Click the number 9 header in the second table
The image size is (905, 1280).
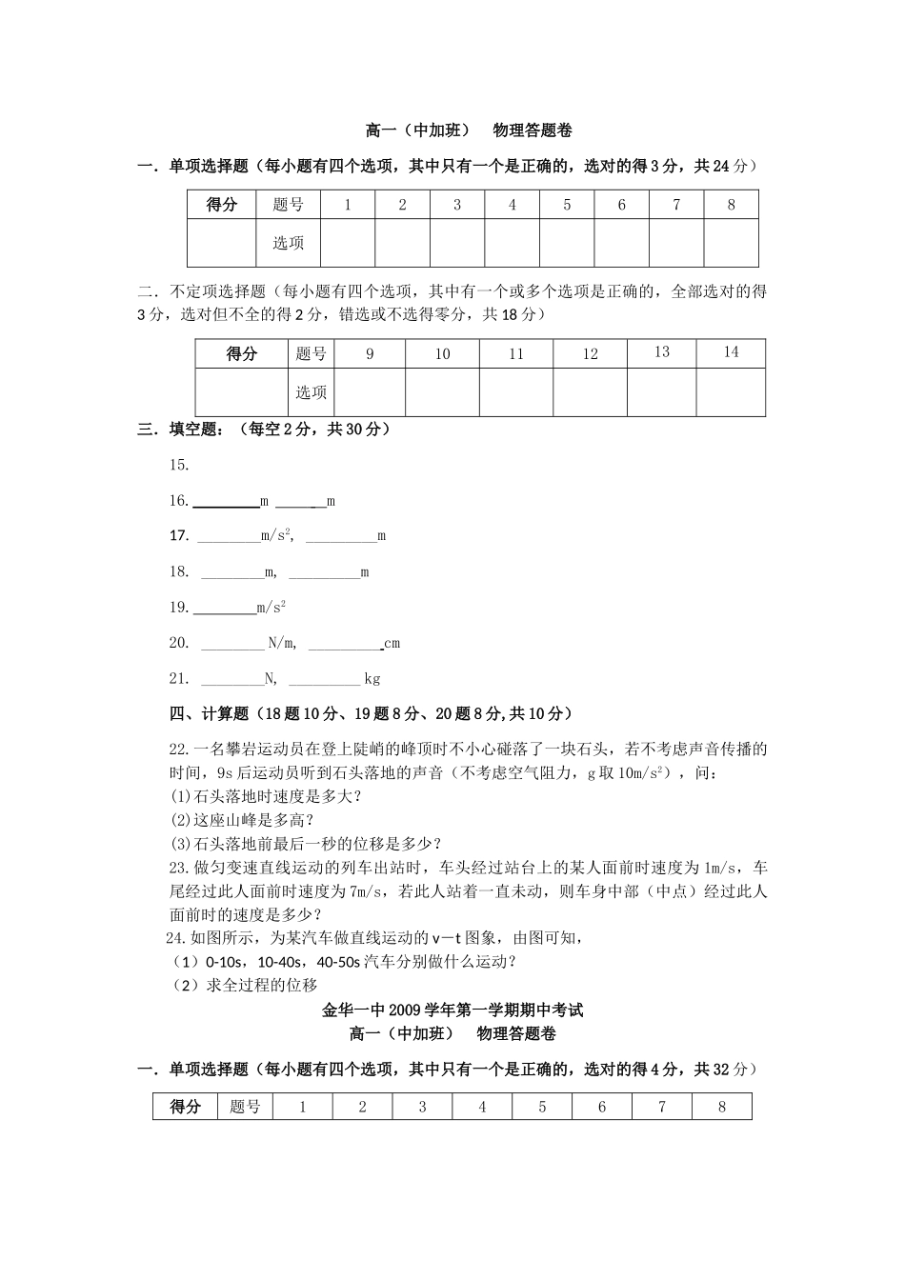pos(370,354)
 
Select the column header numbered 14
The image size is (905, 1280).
pos(731,352)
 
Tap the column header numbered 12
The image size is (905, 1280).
pos(590,354)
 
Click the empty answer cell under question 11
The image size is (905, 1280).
pos(515,392)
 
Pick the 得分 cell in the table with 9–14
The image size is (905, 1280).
pos(242,354)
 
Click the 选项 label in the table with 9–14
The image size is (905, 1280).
pos(311,392)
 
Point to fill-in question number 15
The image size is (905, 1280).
pos(179,466)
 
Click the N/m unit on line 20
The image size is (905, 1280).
pos(282,644)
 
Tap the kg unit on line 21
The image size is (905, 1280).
pos(372,679)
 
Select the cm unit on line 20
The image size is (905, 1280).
pos(392,644)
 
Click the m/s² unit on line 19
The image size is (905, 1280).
pos(271,608)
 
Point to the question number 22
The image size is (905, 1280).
pos(179,750)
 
